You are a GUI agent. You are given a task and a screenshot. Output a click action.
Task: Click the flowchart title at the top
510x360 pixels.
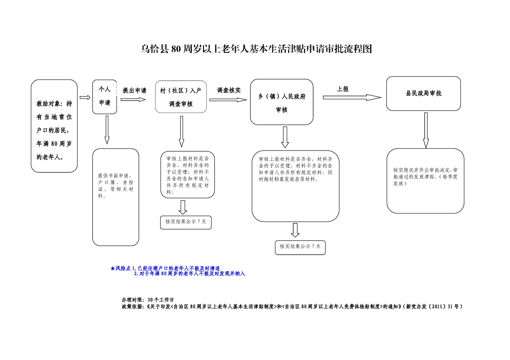(256, 49)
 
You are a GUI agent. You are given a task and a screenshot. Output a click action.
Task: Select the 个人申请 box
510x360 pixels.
(104, 96)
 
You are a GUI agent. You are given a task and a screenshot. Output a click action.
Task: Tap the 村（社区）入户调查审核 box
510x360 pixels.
(181, 97)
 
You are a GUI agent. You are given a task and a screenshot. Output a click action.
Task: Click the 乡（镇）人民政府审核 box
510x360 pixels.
(282, 102)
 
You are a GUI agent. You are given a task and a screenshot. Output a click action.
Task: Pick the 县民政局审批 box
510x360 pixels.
(423, 94)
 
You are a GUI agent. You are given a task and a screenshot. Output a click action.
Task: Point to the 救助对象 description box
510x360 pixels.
(54, 126)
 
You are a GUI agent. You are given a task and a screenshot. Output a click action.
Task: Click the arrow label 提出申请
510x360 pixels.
(134, 91)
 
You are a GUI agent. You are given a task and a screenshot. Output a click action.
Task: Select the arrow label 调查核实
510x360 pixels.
(229, 90)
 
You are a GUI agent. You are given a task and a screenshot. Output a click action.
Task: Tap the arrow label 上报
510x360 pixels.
(343, 89)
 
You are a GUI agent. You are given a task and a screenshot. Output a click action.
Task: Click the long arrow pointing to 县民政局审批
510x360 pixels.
(352, 97)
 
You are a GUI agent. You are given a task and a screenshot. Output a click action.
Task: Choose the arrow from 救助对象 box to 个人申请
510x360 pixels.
(85, 97)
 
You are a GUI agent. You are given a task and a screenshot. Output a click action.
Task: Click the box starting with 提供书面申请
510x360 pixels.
(116, 197)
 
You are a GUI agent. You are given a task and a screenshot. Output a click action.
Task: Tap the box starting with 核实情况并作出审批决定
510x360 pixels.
(425, 181)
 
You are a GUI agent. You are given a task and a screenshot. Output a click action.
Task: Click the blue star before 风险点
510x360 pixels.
(112, 268)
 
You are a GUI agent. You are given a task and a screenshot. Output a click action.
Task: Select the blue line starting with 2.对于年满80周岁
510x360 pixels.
(189, 274)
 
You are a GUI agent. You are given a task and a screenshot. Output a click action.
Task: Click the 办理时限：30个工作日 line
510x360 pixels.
(148, 300)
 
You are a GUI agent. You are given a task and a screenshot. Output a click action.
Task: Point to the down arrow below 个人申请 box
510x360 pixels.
(107, 130)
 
